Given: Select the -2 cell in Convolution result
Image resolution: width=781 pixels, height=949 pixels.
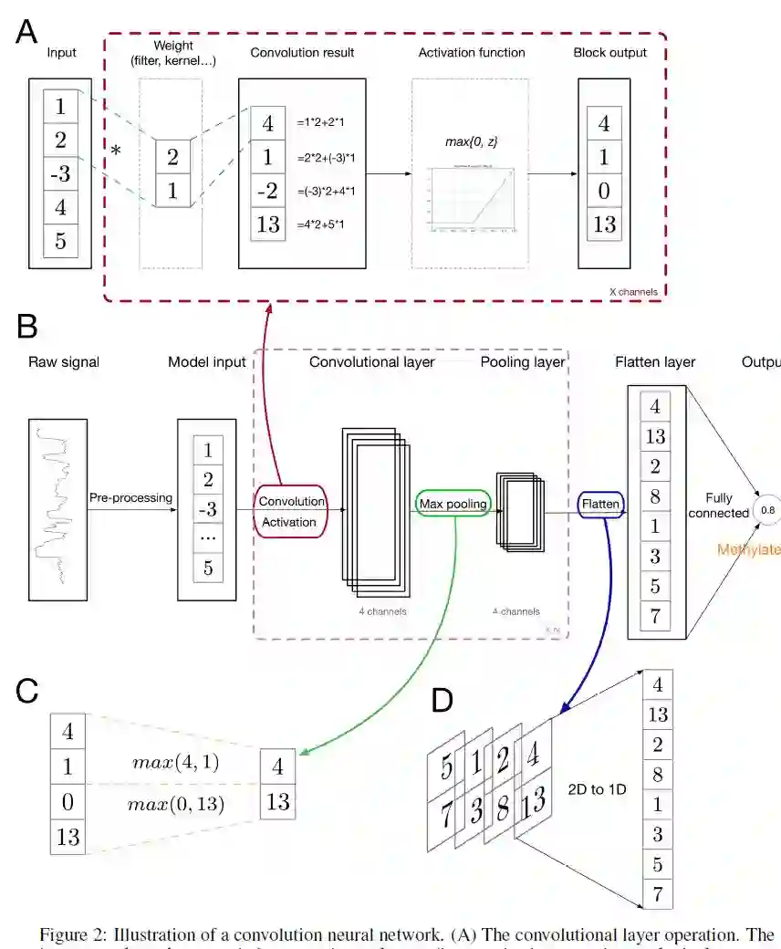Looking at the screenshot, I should coord(267,190).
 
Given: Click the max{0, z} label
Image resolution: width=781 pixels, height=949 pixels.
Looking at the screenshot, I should coord(471,141).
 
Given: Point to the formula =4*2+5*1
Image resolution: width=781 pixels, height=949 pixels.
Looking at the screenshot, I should coord(327,224).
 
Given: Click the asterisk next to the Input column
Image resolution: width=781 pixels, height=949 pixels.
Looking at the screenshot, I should coord(116,151).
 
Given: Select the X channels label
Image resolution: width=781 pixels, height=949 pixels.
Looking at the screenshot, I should coord(633,292).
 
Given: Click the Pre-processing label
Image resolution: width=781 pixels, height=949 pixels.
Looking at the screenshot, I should coord(130,498).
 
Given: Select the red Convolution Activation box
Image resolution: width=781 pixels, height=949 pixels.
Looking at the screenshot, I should coord(291,511).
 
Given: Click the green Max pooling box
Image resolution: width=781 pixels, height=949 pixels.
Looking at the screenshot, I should coord(453,503).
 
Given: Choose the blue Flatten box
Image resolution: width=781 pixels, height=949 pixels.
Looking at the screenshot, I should coord(601,504).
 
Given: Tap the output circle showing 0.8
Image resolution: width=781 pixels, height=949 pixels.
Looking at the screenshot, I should coord(766,512).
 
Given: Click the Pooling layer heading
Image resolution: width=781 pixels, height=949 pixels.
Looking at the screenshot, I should coord(523,362).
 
